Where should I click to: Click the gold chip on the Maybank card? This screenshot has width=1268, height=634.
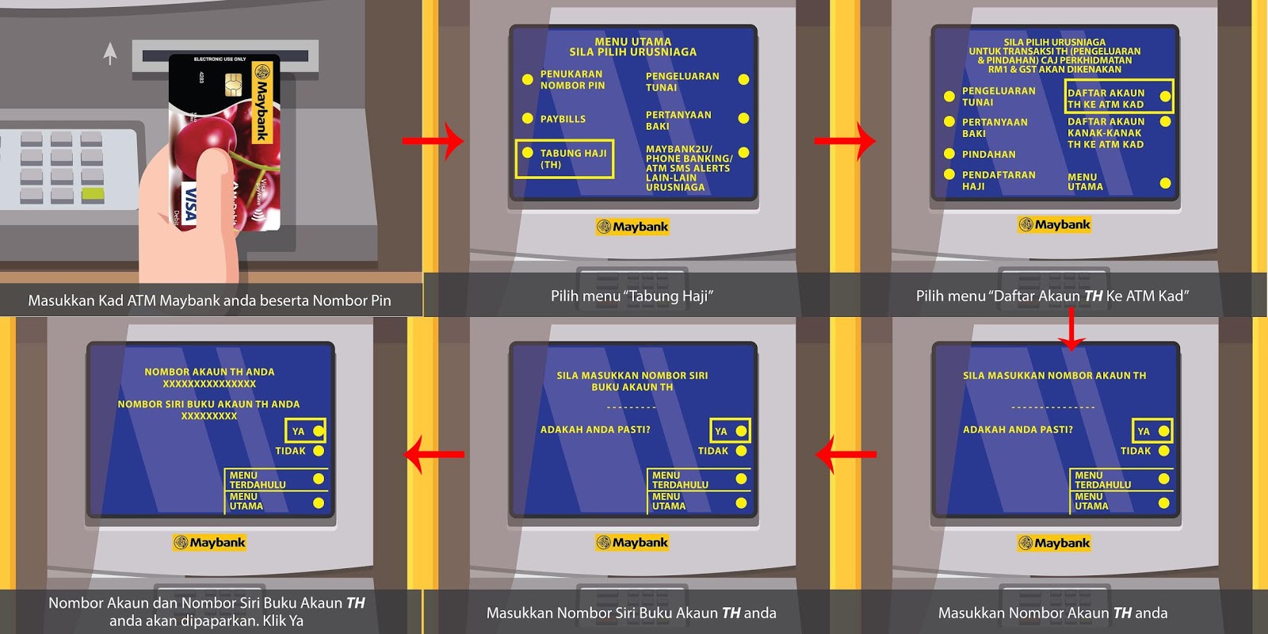click(x=233, y=83)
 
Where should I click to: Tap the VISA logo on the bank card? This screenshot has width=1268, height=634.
click(x=189, y=204)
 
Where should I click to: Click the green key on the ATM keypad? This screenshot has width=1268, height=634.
click(x=93, y=193)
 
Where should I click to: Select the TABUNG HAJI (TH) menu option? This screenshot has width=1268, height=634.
click(x=564, y=158)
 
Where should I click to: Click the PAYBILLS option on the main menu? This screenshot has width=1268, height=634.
click(x=563, y=119)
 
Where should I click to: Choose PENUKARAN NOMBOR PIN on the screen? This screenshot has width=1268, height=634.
click(x=572, y=79)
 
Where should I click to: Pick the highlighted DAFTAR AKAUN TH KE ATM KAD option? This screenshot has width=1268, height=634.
click(x=1118, y=97)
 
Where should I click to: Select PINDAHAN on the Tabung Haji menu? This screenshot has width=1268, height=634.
click(x=988, y=155)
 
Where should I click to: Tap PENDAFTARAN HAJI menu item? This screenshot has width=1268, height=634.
click(x=998, y=180)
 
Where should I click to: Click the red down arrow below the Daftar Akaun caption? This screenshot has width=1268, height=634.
click(x=1071, y=329)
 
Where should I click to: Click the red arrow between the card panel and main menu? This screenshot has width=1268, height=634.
click(x=433, y=141)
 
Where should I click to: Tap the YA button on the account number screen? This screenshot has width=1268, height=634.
click(x=1152, y=431)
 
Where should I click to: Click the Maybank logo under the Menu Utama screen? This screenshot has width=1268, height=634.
click(x=632, y=227)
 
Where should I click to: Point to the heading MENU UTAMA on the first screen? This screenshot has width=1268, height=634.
click(x=632, y=41)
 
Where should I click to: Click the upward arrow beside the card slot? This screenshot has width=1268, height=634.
click(x=110, y=53)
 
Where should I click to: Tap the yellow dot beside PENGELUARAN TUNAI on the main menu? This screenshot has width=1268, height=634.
click(x=743, y=79)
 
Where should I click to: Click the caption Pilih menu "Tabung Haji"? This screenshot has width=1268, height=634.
click(x=632, y=296)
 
